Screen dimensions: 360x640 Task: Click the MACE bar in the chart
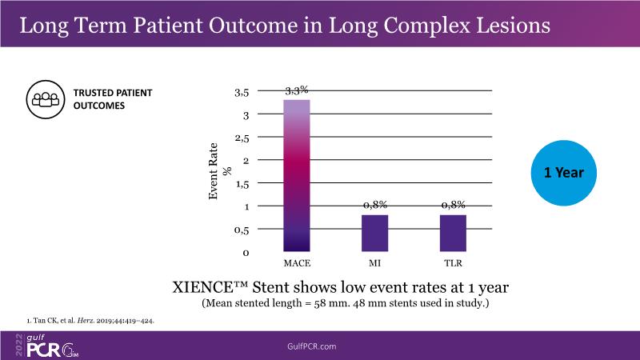[x=297, y=175]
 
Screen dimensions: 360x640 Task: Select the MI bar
[x=375, y=233]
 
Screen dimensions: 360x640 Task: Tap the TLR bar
[x=454, y=233]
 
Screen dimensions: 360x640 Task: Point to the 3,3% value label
[x=297, y=90]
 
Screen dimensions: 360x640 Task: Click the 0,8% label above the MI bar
[x=375, y=206]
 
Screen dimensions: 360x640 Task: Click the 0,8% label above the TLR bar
[x=454, y=206]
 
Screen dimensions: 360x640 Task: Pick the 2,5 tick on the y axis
[x=241, y=138]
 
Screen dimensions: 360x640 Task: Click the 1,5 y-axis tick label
[x=241, y=185]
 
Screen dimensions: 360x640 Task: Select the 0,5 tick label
[x=241, y=230]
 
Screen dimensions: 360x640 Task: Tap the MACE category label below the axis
[x=297, y=262]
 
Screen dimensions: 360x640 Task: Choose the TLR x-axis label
[x=454, y=262]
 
